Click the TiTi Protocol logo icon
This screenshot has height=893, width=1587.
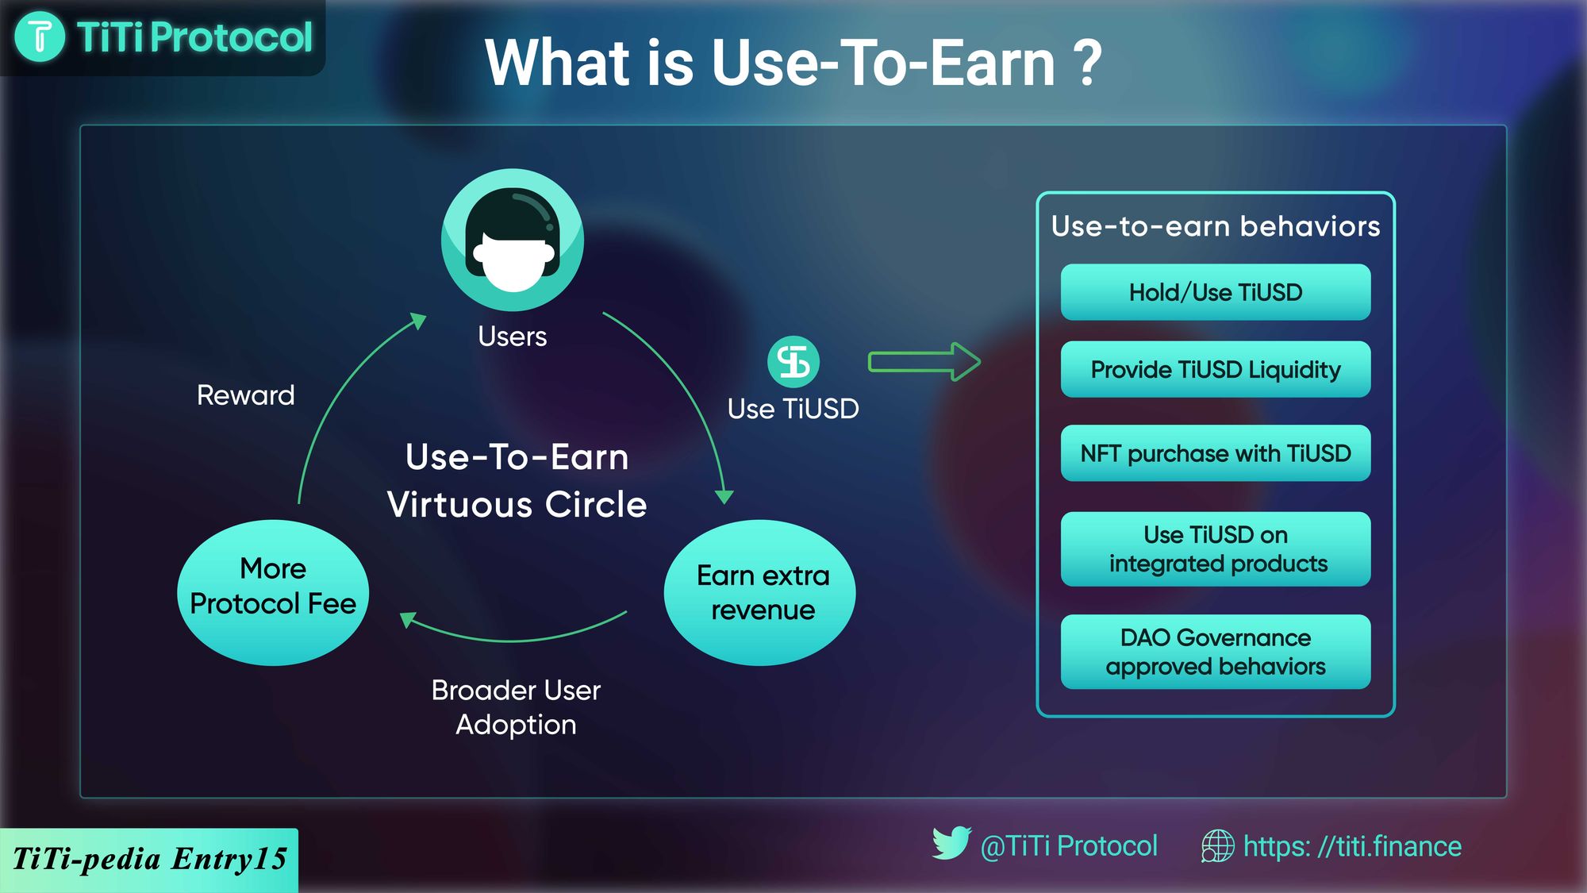40,37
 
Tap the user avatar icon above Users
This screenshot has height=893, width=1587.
513,240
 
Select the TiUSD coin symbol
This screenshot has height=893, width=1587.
793,362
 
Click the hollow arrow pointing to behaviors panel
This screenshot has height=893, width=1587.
924,362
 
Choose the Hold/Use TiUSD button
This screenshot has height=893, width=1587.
1216,292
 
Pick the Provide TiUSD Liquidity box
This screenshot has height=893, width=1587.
1216,369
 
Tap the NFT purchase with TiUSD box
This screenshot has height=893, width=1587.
1216,453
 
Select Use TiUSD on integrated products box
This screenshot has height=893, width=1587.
1216,549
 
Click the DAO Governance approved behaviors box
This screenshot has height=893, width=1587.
1216,652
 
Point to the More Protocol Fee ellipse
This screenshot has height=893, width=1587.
273,592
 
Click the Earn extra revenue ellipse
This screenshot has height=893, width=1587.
760,592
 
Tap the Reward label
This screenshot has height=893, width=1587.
246,395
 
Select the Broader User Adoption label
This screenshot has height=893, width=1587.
516,707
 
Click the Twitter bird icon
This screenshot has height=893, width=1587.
951,843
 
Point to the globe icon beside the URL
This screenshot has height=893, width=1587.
1217,846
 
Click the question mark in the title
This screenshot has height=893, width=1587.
1086,64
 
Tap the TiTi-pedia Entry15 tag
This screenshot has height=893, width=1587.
149,860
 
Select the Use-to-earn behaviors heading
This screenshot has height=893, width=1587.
1216,226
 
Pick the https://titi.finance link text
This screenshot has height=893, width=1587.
1352,847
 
